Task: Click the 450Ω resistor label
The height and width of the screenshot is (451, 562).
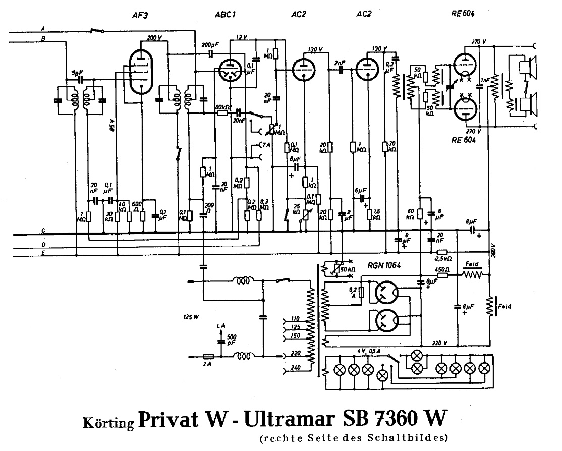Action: click(442, 269)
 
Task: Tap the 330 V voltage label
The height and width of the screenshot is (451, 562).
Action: click(439, 343)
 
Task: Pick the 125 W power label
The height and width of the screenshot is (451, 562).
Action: click(192, 317)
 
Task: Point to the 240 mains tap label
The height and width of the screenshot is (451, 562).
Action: click(296, 367)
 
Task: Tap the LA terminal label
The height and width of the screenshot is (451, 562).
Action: click(220, 327)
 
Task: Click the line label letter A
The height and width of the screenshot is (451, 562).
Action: click(42, 28)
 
